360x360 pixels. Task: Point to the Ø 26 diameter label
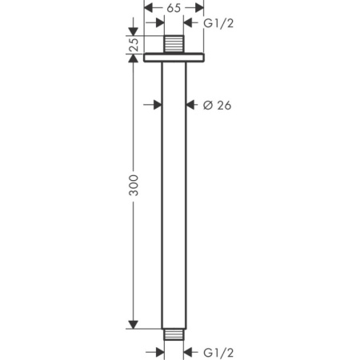217,105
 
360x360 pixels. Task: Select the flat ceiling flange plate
174,58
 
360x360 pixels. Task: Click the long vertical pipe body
174,192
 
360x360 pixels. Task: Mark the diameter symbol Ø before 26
207,105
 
